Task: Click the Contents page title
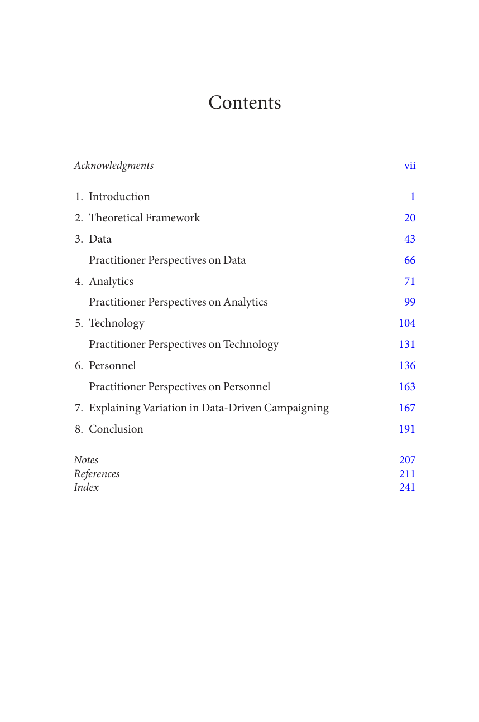[x=245, y=103]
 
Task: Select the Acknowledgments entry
[x=114, y=166]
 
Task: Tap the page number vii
[x=410, y=166]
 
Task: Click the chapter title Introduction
[x=119, y=197]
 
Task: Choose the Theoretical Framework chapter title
[x=144, y=218]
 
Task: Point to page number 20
[x=410, y=218]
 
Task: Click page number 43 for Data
[x=410, y=239]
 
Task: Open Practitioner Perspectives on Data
[x=167, y=260]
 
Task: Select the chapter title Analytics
[x=111, y=282]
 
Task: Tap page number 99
[x=410, y=302]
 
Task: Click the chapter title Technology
[x=116, y=323]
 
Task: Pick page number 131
[x=407, y=345]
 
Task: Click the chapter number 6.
[x=79, y=366]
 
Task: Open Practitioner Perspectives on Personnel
[x=179, y=387]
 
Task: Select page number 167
[x=407, y=408]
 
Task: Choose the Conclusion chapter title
[x=116, y=429]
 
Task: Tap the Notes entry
[x=86, y=460]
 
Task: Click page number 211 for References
[x=407, y=474]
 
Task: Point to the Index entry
[x=87, y=487]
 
